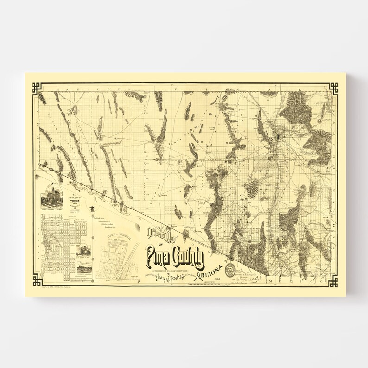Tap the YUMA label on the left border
(x=36, y=130)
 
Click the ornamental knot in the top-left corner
(x=37, y=88)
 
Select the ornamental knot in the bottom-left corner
(x=37, y=280)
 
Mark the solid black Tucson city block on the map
(x=278, y=137)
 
